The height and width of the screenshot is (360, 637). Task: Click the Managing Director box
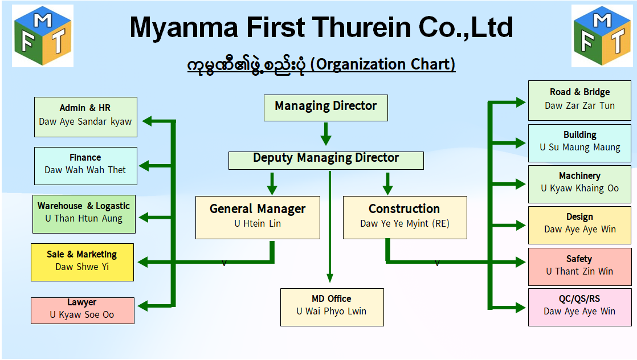[x=326, y=108]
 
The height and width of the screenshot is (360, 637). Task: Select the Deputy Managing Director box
[x=326, y=161]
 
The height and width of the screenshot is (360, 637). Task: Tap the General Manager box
[x=258, y=218]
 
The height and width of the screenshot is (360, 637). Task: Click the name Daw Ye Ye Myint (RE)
[x=405, y=223]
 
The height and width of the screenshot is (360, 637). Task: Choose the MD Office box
[x=332, y=307]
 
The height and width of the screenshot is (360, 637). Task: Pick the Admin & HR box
[x=85, y=117]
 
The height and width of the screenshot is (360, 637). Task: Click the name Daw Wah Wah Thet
[x=85, y=170]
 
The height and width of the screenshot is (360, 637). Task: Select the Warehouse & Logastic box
[x=84, y=214]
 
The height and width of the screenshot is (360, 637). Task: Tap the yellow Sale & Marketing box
[x=82, y=262]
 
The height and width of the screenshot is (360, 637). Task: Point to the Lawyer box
[x=83, y=310]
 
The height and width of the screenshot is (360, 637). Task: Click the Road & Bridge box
[x=579, y=100]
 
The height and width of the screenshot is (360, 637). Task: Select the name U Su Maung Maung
[x=579, y=147]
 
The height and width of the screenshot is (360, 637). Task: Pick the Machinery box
[x=579, y=184]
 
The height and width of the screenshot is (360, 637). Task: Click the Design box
[x=579, y=225]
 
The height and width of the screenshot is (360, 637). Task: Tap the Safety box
[x=579, y=267]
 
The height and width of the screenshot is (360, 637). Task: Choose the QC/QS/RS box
[x=579, y=307]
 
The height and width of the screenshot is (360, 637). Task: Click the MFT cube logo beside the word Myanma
[x=43, y=36]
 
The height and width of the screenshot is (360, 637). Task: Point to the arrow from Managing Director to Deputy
[x=326, y=134]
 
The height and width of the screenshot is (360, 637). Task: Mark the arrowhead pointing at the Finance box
[x=144, y=166]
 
